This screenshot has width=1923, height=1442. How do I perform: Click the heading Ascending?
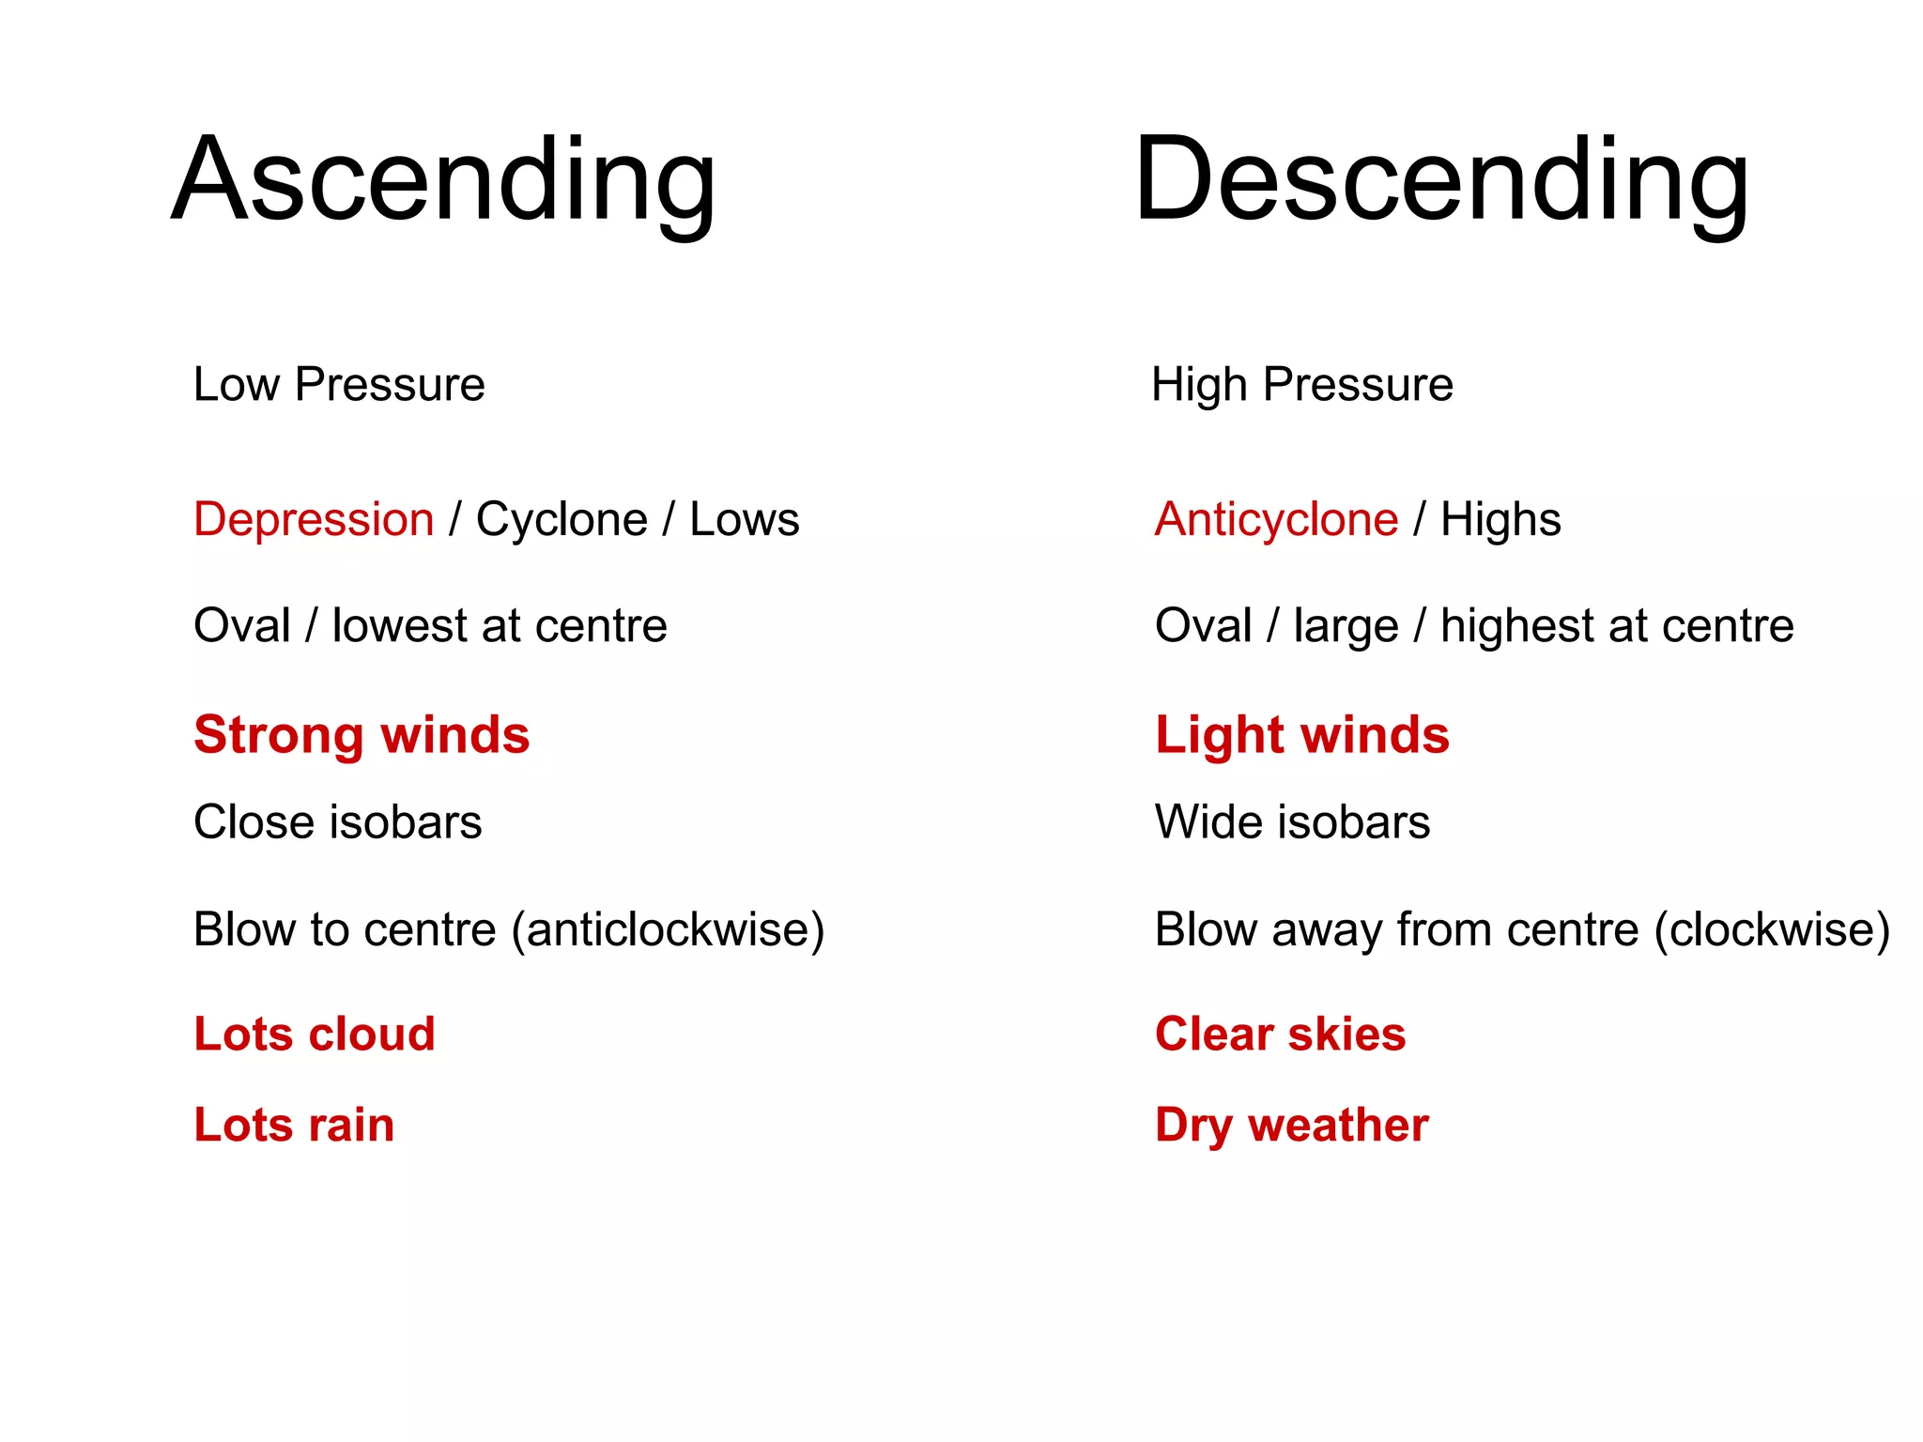click(x=444, y=180)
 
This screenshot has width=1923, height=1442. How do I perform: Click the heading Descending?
click(x=1441, y=180)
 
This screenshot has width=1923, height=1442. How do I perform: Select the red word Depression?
click(x=314, y=519)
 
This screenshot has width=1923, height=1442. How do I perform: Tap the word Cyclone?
click(x=562, y=519)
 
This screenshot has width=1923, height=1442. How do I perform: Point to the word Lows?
click(x=744, y=519)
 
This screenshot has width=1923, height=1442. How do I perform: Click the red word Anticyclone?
click(x=1276, y=519)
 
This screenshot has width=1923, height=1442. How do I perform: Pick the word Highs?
click(x=1500, y=519)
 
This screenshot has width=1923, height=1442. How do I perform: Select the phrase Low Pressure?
click(x=339, y=384)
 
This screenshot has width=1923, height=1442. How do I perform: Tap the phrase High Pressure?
click(x=1301, y=384)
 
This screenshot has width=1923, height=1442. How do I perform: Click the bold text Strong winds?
click(x=362, y=734)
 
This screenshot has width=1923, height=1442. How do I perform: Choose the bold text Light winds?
click(x=1301, y=734)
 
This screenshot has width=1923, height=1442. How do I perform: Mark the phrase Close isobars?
click(x=337, y=822)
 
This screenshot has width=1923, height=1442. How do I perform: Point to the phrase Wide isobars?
click(x=1292, y=822)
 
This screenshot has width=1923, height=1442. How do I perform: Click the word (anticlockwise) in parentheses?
click(x=668, y=929)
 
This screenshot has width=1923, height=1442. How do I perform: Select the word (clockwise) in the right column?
click(x=1772, y=929)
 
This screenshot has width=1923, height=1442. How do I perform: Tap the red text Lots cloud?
click(x=314, y=1034)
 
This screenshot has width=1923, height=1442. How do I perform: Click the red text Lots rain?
click(x=294, y=1125)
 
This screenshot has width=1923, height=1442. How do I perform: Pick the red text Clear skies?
click(x=1280, y=1034)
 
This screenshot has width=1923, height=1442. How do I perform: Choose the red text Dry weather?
click(x=1291, y=1125)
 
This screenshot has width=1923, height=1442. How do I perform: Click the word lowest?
click(x=399, y=626)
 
